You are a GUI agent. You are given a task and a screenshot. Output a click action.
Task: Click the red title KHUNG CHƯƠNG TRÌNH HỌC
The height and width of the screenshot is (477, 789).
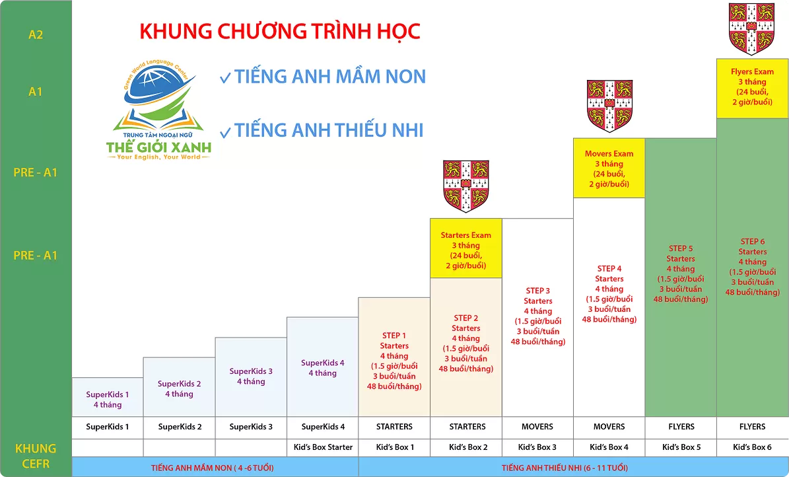coord(280,31)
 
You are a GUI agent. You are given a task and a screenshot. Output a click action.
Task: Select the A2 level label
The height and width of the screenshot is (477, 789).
coord(36,35)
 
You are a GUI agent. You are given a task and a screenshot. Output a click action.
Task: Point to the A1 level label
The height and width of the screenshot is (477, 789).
coord(36,92)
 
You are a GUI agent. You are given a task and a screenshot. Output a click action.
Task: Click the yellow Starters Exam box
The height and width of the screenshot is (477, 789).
coord(466,248)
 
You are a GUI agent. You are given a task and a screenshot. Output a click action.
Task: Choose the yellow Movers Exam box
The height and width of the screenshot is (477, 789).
coord(609,168)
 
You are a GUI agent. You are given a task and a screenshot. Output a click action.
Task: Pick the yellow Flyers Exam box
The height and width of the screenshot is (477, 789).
coord(752,89)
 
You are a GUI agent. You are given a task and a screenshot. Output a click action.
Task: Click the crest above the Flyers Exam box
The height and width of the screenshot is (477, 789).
coord(752,28)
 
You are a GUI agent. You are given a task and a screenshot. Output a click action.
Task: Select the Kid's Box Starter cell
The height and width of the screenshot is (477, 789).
coord(323,447)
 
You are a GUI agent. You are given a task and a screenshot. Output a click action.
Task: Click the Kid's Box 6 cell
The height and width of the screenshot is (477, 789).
coord(752,447)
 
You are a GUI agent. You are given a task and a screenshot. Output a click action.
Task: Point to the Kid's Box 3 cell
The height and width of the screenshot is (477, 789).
coord(537,447)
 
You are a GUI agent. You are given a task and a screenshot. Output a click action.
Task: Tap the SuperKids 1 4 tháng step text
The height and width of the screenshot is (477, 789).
coord(107,400)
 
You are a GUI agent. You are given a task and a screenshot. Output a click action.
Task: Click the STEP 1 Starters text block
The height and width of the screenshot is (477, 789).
coord(394,361)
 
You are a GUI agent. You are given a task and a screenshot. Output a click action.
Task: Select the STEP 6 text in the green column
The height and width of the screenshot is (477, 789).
coord(752,241)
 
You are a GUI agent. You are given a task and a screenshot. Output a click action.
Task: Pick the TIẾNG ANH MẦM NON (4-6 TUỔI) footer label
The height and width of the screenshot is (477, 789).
coord(213,468)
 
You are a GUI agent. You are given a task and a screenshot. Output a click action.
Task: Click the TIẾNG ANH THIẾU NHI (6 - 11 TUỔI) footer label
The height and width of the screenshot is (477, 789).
coord(565,468)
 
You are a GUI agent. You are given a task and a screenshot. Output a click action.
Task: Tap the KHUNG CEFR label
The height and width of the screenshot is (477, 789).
coord(36,456)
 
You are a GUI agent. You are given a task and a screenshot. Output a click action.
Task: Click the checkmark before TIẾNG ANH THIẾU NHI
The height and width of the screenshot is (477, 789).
coord(225,132)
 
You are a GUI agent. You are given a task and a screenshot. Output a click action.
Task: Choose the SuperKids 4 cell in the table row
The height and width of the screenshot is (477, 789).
coord(323,427)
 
